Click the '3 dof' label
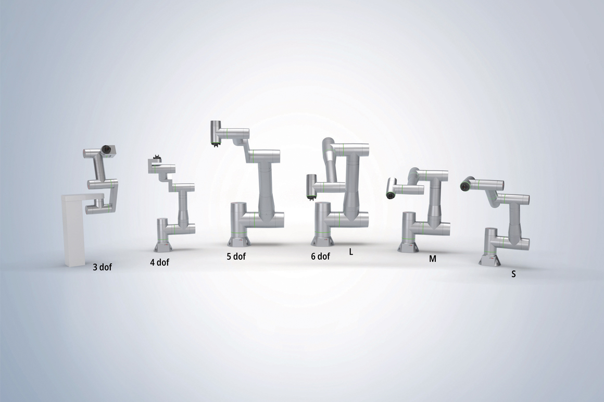(x=102, y=268)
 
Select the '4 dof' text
(x=159, y=262)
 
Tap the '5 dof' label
(x=236, y=256)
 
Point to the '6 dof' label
(x=320, y=256)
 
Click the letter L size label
(x=351, y=252)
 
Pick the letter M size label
(x=432, y=259)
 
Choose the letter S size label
(x=513, y=274)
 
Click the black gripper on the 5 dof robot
(x=215, y=144)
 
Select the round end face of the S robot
(x=465, y=184)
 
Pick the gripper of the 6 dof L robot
(x=311, y=197)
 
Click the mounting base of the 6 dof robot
(x=324, y=241)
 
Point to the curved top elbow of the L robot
(x=329, y=146)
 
